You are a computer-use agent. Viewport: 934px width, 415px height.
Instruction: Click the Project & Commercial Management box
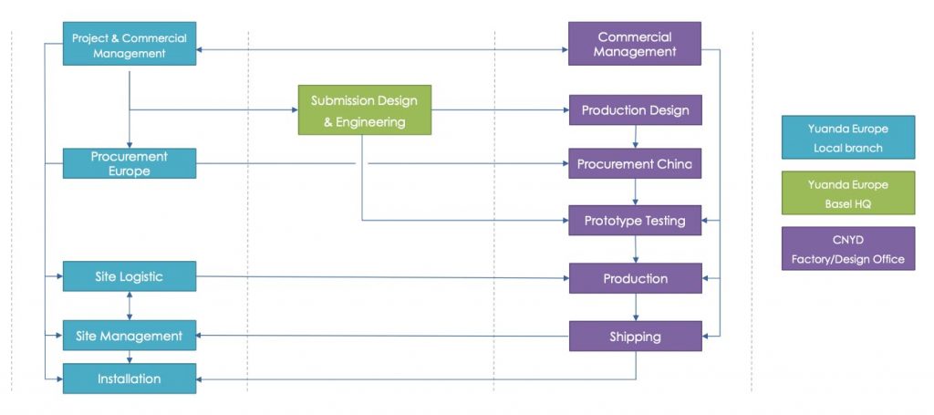coord(129,45)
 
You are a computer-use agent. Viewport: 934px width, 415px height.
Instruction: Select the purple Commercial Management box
coord(635,44)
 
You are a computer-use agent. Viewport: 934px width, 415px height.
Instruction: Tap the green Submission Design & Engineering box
coord(364,109)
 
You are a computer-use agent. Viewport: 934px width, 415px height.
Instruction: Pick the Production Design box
coord(635,110)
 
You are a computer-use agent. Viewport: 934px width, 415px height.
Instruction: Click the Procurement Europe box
coord(129,163)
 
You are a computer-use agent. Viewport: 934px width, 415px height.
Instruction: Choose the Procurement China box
coord(635,164)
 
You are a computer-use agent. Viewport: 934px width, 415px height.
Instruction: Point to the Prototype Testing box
coord(635,221)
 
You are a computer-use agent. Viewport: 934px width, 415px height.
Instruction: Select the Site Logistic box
coord(129,276)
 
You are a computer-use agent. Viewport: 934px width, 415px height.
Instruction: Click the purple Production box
coord(635,278)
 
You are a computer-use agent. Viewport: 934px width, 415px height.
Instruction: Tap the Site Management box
coord(129,336)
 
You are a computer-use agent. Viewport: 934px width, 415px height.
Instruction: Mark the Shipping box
coord(635,337)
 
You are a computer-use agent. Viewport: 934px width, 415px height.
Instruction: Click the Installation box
coord(129,379)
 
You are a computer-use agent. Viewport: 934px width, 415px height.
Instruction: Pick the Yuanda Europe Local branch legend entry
coord(847,138)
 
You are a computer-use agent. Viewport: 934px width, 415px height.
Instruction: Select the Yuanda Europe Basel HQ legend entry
coord(847,193)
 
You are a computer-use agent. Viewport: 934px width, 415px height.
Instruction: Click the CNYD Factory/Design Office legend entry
coord(847,249)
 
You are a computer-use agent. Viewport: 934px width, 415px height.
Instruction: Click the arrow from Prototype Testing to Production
coord(635,250)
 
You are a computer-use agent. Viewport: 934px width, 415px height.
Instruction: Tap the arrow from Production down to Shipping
coord(635,307)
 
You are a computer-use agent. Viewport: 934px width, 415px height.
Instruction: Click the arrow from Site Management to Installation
coord(129,358)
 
